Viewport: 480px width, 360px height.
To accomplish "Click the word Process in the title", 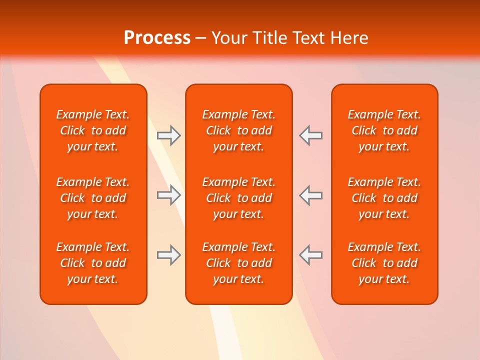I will (x=157, y=38).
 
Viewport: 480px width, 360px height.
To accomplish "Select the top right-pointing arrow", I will (x=168, y=135).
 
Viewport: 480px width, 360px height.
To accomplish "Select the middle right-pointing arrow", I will (x=168, y=195).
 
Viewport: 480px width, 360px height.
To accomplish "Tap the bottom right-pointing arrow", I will (x=168, y=255).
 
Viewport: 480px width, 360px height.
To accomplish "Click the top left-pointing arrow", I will (x=311, y=135).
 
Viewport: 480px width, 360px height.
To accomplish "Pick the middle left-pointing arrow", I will (x=311, y=195).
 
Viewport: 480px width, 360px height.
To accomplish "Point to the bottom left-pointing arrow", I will (x=311, y=255).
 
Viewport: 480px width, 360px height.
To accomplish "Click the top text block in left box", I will (x=93, y=130).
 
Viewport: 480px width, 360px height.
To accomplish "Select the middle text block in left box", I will (x=93, y=198).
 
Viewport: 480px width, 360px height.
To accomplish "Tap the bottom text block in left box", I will (x=93, y=263).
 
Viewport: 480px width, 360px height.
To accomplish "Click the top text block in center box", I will (x=238, y=130).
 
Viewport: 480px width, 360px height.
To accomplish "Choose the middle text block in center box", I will (x=238, y=198).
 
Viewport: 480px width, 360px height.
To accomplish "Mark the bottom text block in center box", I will (x=238, y=263).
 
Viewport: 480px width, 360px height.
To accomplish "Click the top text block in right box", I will (x=384, y=130).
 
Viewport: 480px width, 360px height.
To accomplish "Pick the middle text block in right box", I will (x=384, y=198).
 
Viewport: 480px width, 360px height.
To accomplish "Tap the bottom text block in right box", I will (x=384, y=263).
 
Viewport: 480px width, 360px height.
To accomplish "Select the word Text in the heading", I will (x=309, y=38).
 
